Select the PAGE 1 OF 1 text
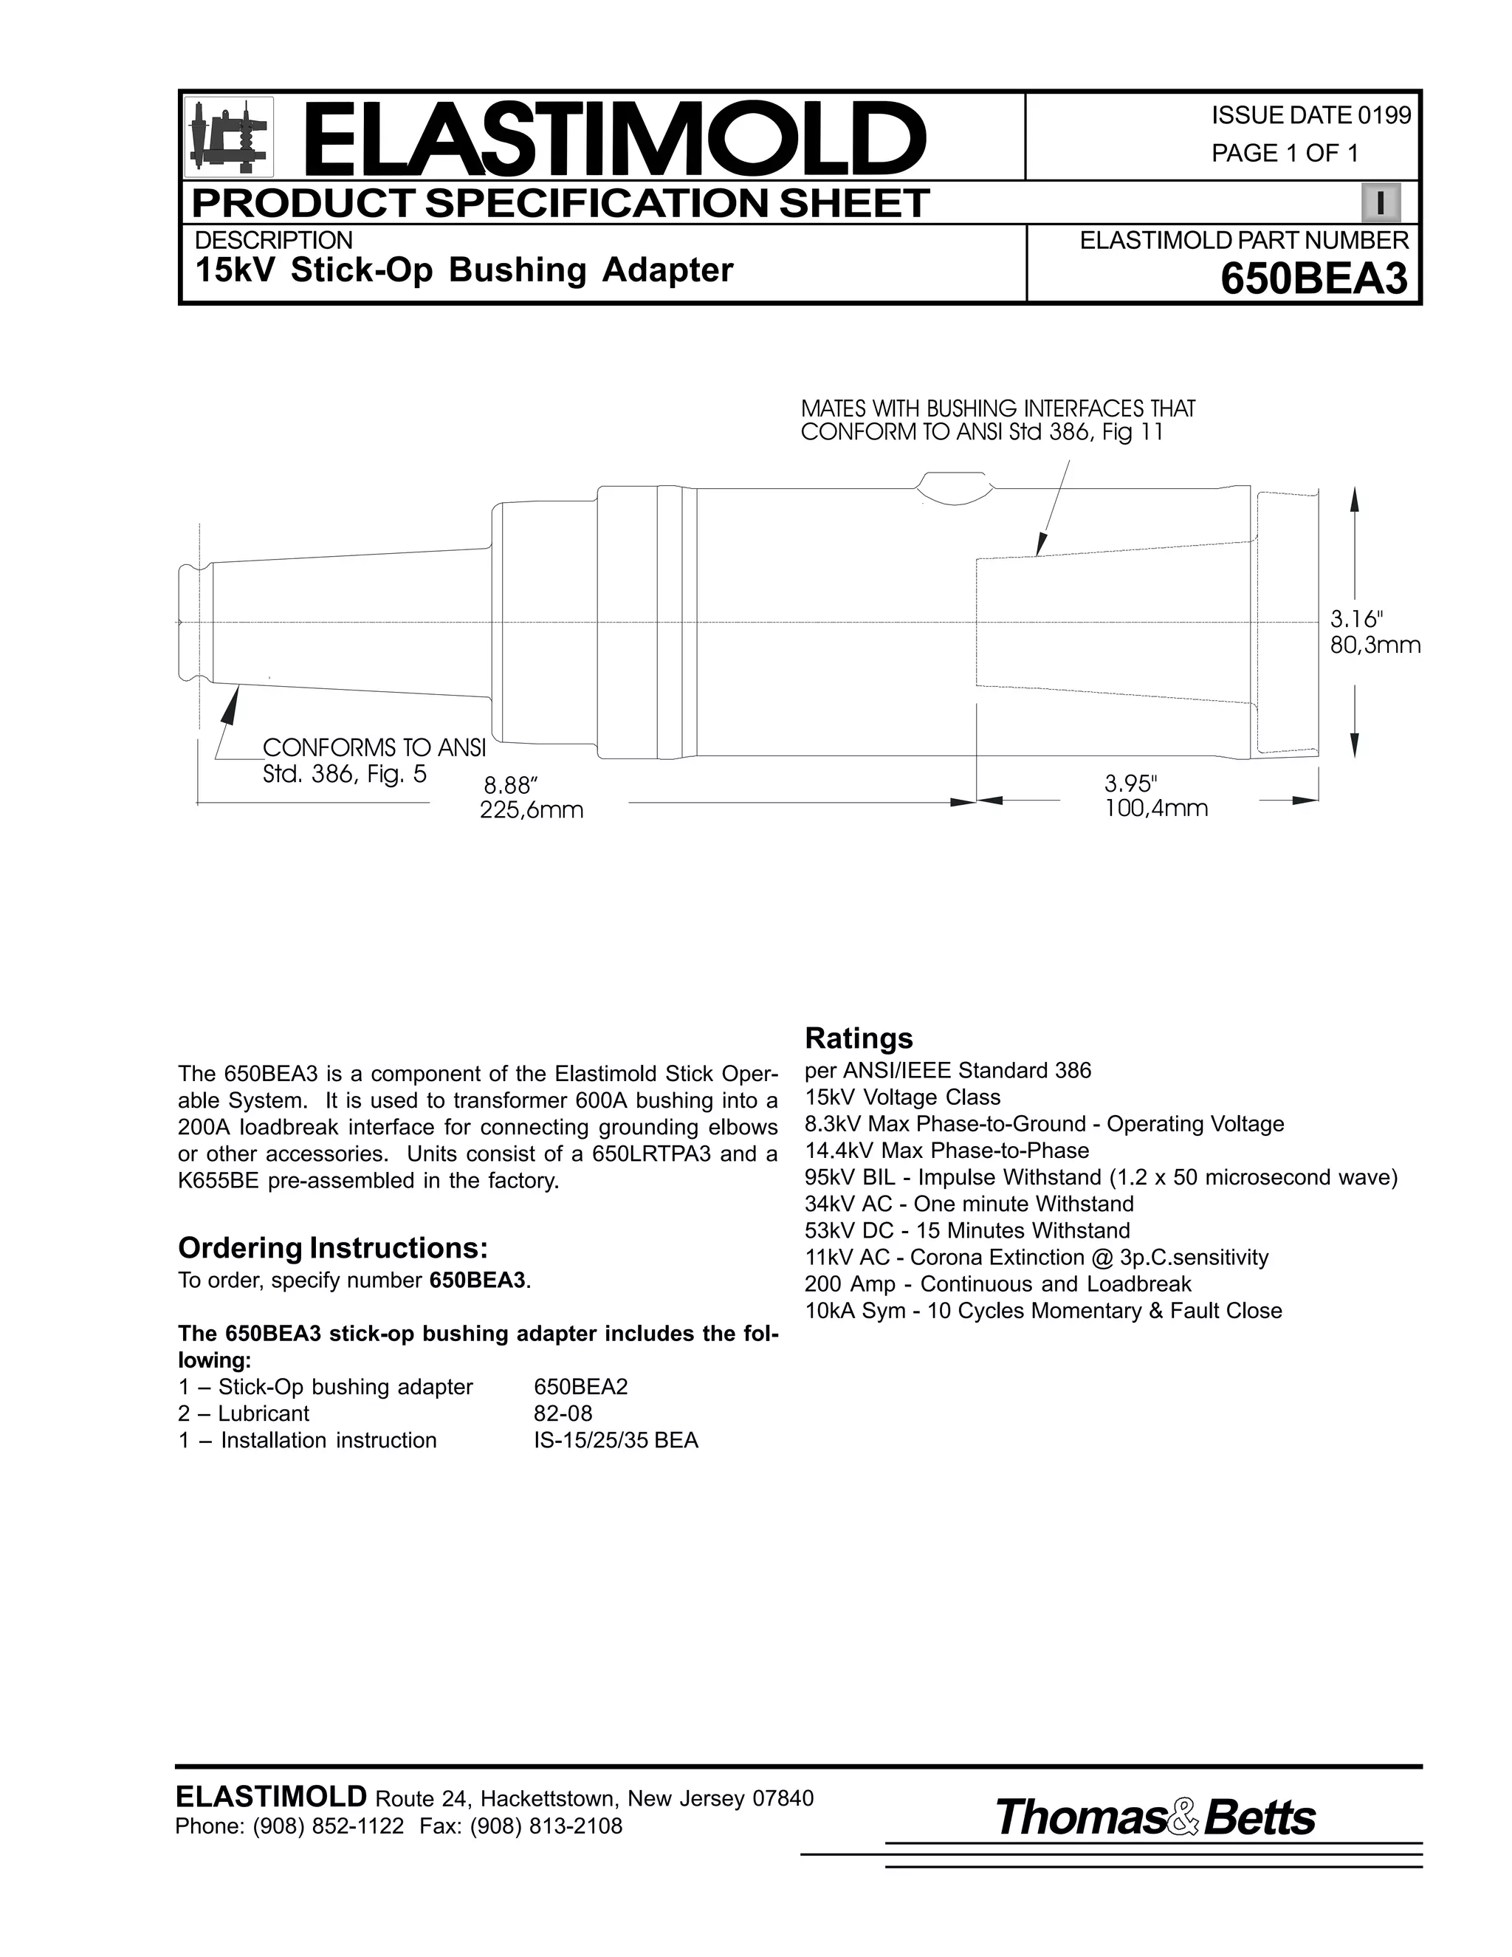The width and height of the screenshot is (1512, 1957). (1285, 153)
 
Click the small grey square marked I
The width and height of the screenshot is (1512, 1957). (1381, 203)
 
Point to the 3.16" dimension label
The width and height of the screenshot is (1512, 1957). (1356, 619)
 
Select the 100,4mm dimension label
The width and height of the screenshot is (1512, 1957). (1155, 809)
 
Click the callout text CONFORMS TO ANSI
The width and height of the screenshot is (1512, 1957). (374, 747)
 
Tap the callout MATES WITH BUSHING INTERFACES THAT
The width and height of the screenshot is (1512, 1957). (997, 408)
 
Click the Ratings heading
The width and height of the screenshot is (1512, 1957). (858, 1038)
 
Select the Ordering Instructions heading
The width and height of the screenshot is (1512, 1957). (332, 1247)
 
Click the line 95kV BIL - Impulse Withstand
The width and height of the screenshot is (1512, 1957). (1100, 1177)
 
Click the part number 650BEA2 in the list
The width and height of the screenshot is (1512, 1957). (580, 1387)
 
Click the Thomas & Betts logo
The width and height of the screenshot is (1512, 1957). (1155, 1818)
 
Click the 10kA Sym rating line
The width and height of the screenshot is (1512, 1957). (1042, 1311)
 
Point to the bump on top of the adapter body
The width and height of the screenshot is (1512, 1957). (955, 486)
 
